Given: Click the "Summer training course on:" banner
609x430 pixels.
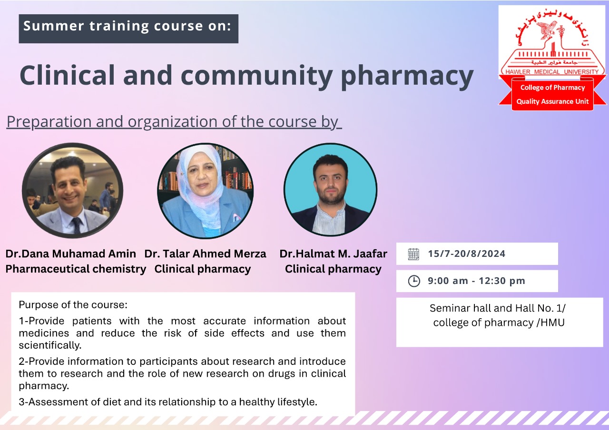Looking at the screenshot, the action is (128, 29).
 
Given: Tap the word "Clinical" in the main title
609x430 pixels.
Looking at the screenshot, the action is (67, 74).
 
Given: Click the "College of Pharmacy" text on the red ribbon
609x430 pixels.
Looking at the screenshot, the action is (552, 88).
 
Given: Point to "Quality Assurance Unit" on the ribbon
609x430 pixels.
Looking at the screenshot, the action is (552, 101).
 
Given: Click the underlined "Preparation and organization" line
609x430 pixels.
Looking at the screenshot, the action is (174, 122).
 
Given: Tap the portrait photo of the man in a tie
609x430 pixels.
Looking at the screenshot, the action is (72, 190).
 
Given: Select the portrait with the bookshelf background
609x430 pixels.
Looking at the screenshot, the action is (205, 191).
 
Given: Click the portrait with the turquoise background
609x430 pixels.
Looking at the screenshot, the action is (330, 189).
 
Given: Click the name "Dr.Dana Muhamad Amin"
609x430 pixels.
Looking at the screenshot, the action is (71, 254).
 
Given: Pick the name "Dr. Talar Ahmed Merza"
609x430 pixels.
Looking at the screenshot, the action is (205, 254).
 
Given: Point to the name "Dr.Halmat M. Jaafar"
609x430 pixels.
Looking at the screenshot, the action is (334, 254).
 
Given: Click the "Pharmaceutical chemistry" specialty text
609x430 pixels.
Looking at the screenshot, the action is (76, 269).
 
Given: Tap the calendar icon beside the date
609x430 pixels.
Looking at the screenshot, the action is (413, 254).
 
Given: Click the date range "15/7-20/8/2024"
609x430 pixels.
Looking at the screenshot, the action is (467, 254).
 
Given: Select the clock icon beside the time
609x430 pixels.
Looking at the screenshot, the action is (414, 281).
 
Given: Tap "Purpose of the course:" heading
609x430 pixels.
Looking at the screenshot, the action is (73, 305).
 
